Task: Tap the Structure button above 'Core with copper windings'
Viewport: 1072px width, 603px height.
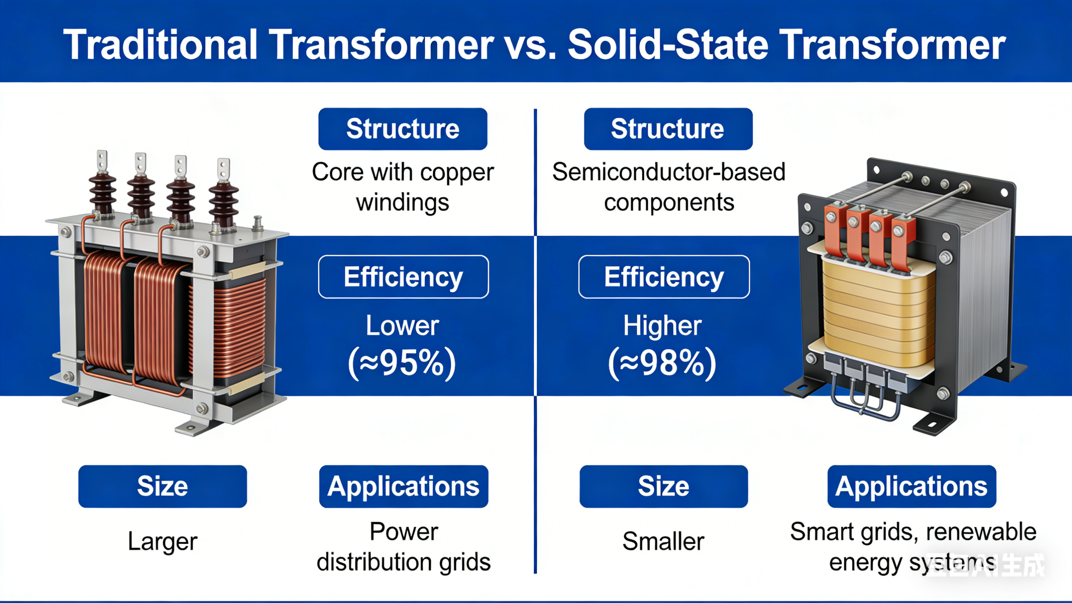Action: click(x=402, y=129)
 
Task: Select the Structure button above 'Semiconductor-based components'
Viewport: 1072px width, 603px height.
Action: click(x=668, y=129)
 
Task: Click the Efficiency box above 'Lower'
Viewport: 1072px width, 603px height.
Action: click(x=403, y=277)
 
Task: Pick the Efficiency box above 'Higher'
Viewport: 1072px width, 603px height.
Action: click(x=664, y=277)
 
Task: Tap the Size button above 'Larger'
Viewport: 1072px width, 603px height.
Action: click(x=162, y=486)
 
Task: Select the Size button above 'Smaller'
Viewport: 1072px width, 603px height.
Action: click(x=663, y=486)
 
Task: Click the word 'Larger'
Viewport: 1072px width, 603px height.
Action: click(x=162, y=542)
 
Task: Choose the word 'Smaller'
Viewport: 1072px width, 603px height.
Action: click(x=663, y=541)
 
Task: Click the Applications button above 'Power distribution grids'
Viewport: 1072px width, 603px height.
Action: click(x=403, y=486)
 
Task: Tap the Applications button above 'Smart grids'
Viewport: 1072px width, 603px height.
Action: click(x=911, y=486)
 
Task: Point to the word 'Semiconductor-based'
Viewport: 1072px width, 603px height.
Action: click(x=668, y=172)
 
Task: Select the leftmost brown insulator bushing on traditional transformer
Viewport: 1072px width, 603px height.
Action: click(x=102, y=194)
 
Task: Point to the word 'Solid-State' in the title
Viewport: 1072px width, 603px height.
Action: click(x=668, y=45)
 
